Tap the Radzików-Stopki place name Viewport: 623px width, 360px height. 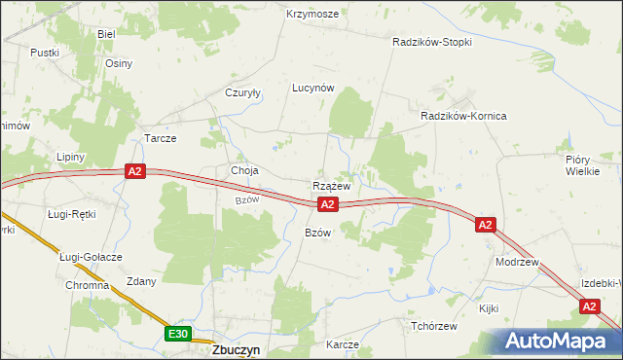pyautogui.click(x=432, y=43)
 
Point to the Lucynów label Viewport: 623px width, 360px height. pyautogui.click(x=313, y=87)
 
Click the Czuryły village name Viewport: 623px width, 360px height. pyautogui.click(x=244, y=93)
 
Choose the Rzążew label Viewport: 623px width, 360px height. pyautogui.click(x=332, y=185)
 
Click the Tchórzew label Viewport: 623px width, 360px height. pyautogui.click(x=434, y=325)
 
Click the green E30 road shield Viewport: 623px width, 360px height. pyautogui.click(x=177, y=334)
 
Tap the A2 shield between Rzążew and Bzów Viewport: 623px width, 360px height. pyautogui.click(x=327, y=204)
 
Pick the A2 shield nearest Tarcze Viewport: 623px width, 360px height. pyautogui.click(x=135, y=171)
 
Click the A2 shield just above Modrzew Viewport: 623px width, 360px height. pyautogui.click(x=486, y=225)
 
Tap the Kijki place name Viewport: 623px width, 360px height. pyautogui.click(x=489, y=307)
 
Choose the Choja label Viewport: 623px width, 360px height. pyautogui.click(x=243, y=171)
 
